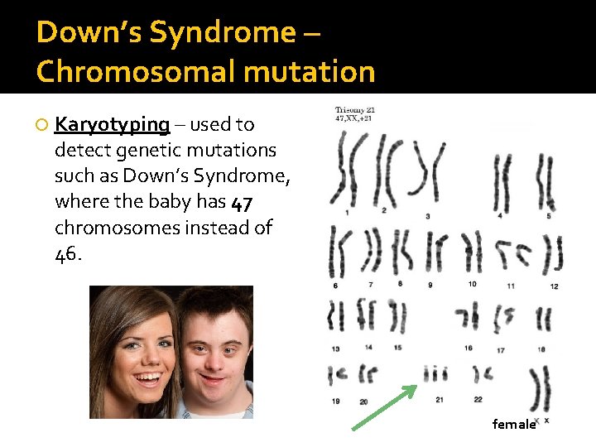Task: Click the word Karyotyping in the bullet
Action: point(112,125)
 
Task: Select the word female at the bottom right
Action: point(513,424)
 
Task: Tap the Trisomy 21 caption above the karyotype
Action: point(355,110)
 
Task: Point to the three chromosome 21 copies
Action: point(435,374)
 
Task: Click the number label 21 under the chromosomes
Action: point(439,400)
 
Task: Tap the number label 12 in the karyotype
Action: point(554,286)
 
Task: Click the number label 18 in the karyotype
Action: point(541,349)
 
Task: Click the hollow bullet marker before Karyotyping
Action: point(41,125)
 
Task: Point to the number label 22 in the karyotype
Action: point(478,400)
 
